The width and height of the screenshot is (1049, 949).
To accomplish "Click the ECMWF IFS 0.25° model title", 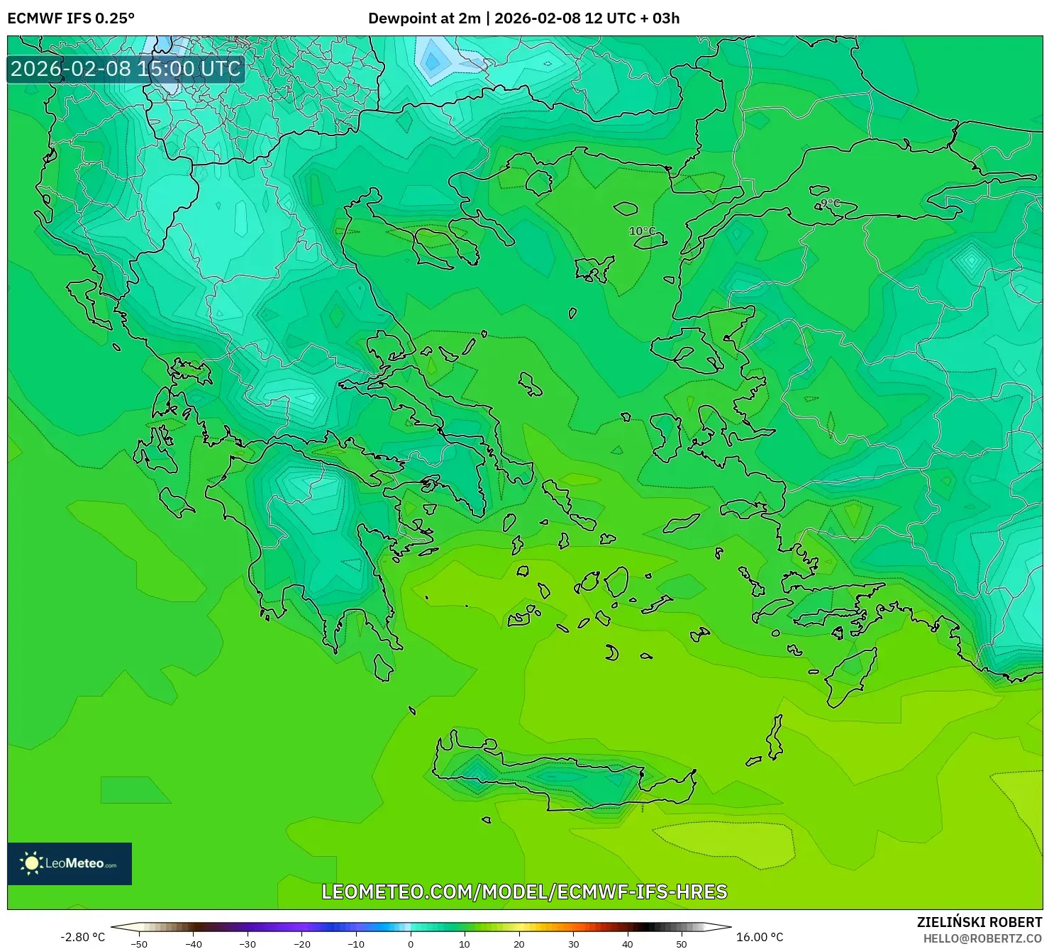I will pos(71,18).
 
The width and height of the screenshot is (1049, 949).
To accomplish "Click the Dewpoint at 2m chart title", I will pos(523,18).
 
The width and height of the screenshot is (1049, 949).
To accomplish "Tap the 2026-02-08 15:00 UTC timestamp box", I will pos(126,69).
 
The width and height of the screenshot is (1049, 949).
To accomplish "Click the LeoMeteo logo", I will pos(70,863).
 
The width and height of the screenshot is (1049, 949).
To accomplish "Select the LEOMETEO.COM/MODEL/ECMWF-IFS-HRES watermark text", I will pos(524,892).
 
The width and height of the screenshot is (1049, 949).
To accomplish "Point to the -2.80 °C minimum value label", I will pos(82,937).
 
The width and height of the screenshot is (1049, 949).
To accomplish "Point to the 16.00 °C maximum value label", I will pos(760,937).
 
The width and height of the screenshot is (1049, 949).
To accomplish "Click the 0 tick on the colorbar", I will pos(411,943).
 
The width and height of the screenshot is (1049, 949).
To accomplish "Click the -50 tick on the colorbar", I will pos(139,943).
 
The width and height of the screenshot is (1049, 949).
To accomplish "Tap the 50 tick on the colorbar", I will pos(682,943).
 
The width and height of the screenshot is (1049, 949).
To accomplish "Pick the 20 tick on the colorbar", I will pos(519,943).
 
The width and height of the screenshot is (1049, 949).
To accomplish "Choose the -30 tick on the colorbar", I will pos(248,943).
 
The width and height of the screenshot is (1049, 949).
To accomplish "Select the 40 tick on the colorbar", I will pos(628,943).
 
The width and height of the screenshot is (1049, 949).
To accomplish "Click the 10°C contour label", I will pos(643,231).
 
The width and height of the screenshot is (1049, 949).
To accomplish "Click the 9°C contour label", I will pos(829,204).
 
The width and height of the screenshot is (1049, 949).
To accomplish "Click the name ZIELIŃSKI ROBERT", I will pos(979,923).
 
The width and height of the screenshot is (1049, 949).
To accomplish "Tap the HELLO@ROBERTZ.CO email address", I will pos(982,938).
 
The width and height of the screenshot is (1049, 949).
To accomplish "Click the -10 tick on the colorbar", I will pos(356,943).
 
